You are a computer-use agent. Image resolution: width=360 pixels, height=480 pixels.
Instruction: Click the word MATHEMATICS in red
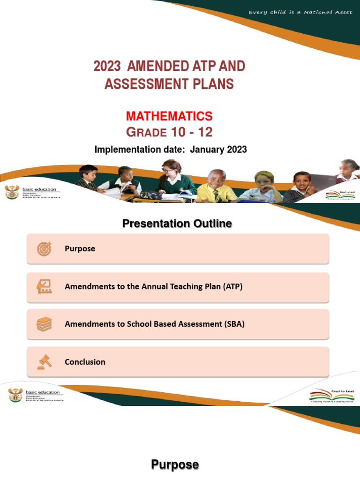[x=169, y=116]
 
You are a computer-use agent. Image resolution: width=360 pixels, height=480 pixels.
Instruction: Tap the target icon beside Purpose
[x=44, y=249]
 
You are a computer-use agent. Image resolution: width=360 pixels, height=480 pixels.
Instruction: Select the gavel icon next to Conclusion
[x=44, y=362]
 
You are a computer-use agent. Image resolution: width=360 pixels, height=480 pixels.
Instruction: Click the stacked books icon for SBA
[x=44, y=324]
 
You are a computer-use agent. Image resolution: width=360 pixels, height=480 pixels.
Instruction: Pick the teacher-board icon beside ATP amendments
[x=44, y=286]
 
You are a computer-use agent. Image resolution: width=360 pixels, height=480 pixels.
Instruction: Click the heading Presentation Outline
[x=177, y=224]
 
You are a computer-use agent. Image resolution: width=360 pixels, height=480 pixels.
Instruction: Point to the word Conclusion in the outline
[x=85, y=362]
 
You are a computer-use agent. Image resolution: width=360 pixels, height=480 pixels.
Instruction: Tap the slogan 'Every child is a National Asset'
[x=300, y=12]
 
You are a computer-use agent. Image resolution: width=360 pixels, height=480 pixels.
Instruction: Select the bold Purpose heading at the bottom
[x=175, y=465]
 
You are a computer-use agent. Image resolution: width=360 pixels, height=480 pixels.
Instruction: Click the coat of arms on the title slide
[x=12, y=192]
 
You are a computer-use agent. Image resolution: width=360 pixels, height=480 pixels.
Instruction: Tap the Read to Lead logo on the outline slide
[x=331, y=396]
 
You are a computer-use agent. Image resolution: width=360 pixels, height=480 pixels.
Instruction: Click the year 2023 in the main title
[x=107, y=66]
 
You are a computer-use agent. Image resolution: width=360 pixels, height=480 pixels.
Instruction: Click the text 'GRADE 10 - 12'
[x=169, y=132]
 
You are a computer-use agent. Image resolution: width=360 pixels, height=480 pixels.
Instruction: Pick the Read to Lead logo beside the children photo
[x=341, y=195]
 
